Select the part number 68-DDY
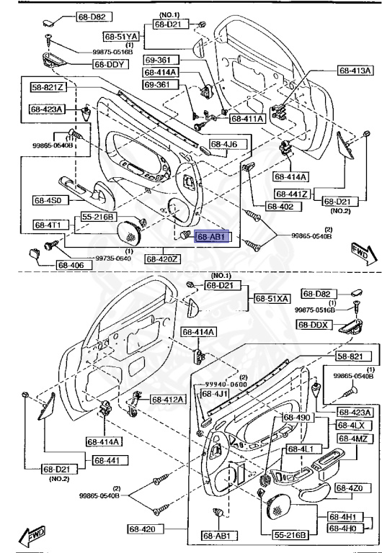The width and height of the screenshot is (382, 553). [x=108, y=64]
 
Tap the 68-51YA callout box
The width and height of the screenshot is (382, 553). [x=120, y=35]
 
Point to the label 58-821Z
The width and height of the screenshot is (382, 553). [x=48, y=87]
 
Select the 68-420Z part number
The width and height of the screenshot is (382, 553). [x=163, y=258]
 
